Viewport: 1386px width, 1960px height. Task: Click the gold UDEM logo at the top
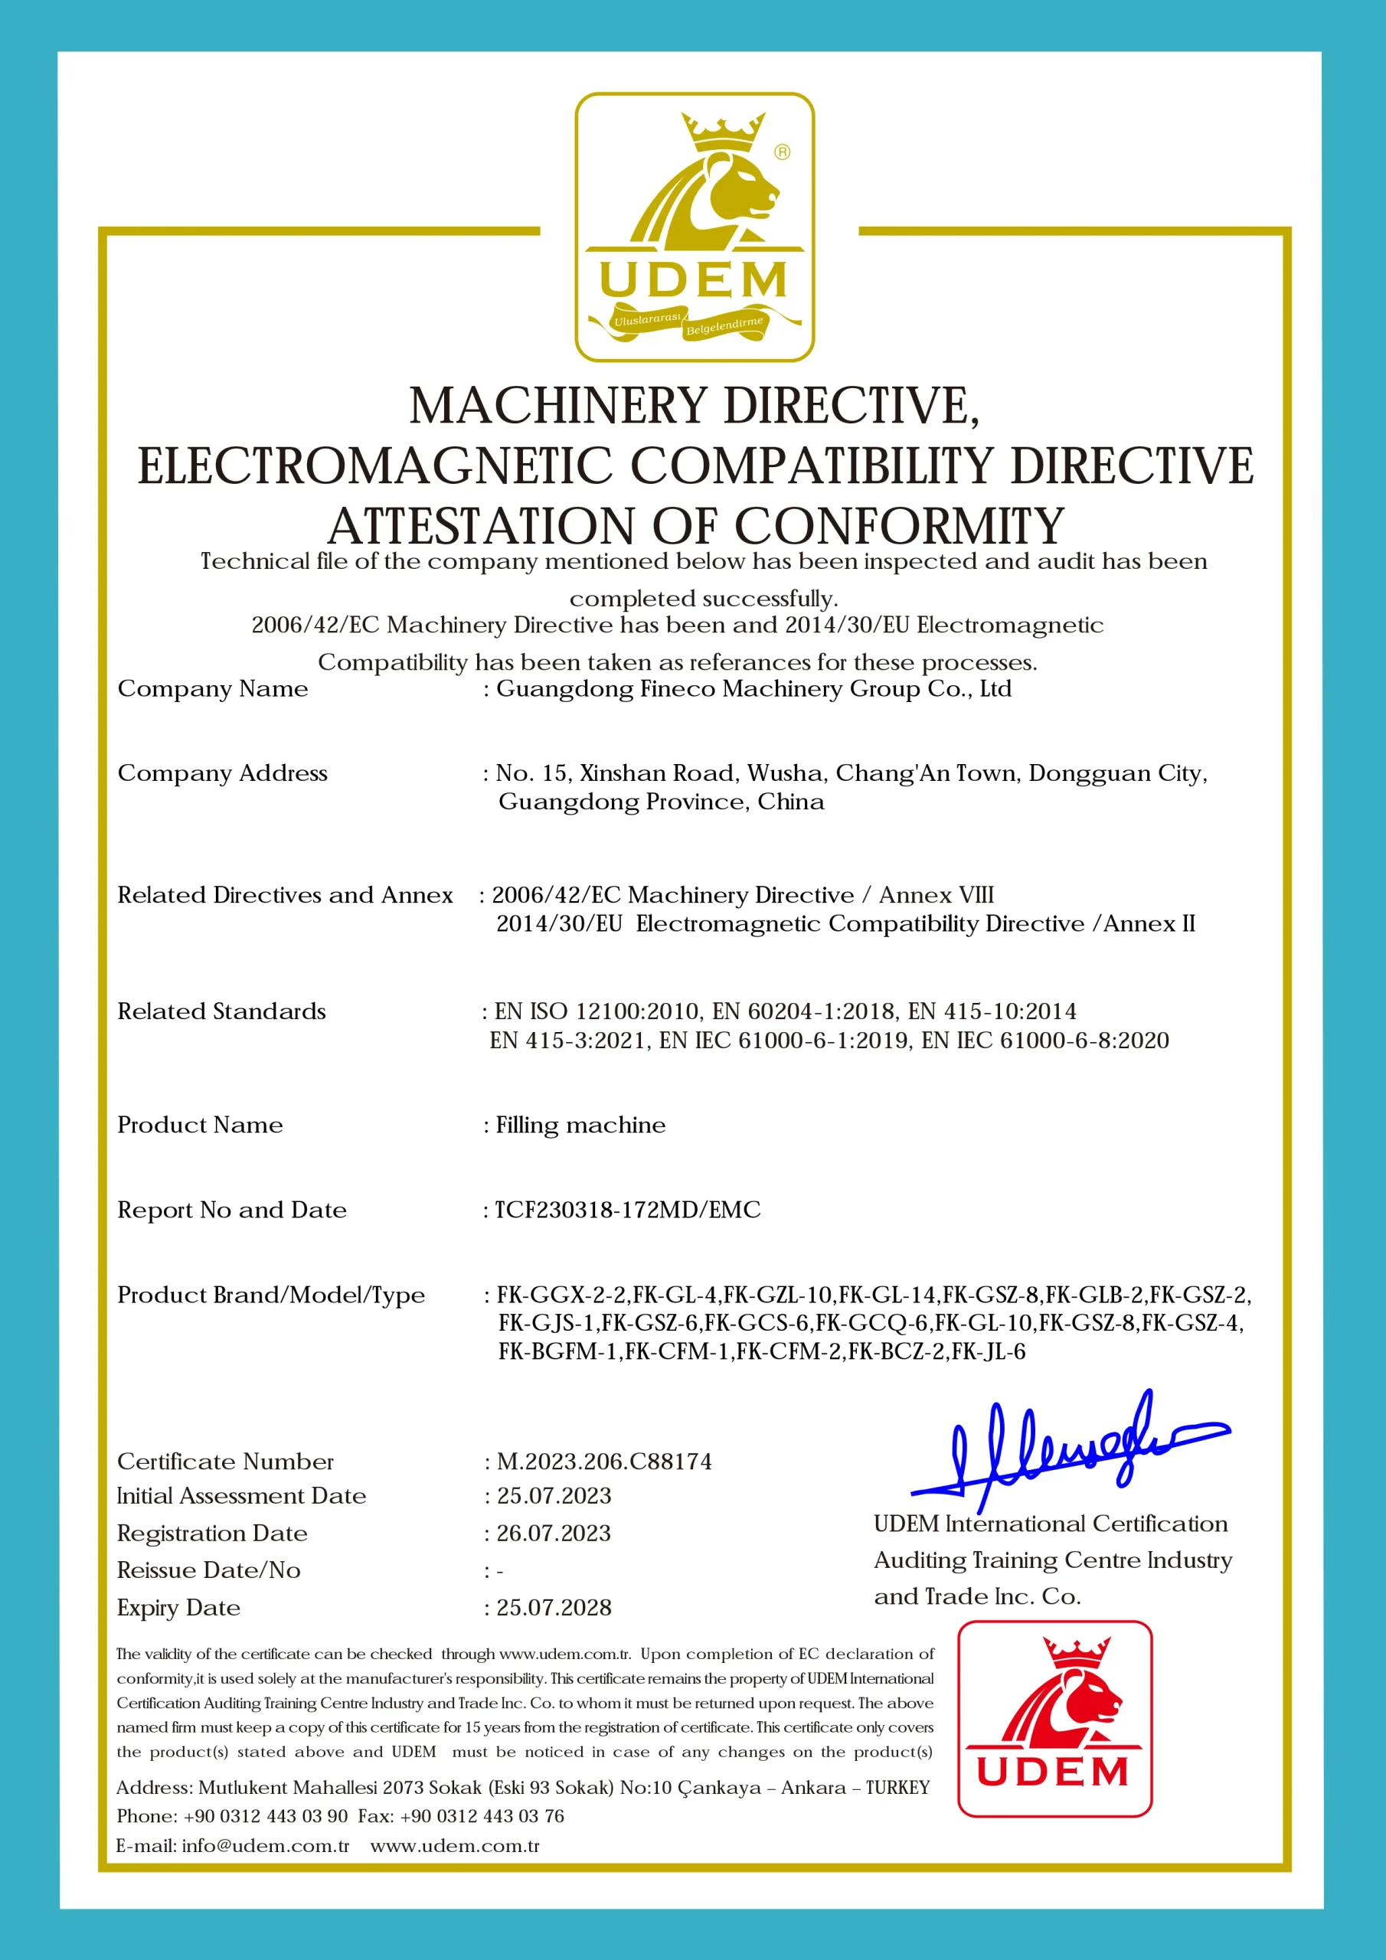[x=694, y=227]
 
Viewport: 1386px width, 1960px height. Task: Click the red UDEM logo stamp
[x=1054, y=1718]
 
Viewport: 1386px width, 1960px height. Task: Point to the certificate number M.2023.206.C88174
[x=603, y=1462]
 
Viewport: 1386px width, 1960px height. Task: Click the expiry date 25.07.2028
[x=554, y=1608]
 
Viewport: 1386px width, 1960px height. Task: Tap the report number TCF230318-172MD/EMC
[x=628, y=1210]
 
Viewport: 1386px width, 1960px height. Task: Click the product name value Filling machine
[x=580, y=1125]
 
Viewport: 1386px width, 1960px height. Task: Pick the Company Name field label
[x=213, y=689]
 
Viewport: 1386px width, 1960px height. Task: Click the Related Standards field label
[x=221, y=1011]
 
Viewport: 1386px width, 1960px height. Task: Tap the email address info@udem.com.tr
[x=266, y=1846]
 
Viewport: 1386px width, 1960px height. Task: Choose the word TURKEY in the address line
[x=897, y=1788]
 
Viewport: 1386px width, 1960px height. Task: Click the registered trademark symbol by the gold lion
[x=783, y=152]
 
